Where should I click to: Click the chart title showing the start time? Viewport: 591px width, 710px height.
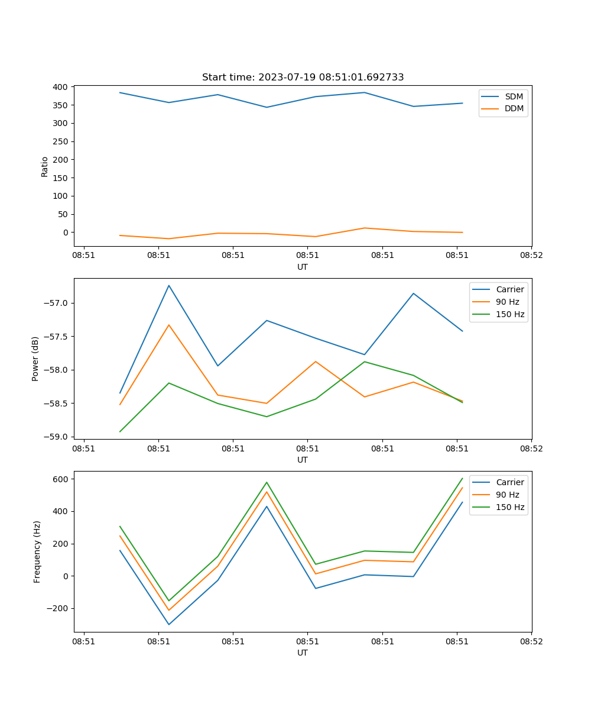(303, 78)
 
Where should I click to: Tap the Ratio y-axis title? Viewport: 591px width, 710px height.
(45, 166)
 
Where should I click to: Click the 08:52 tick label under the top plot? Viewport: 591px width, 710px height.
(531, 256)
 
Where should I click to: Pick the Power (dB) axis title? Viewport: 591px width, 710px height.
(35, 359)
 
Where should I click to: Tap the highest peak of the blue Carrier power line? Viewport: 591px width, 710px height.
(169, 286)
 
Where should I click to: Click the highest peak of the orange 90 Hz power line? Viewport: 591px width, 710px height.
(169, 325)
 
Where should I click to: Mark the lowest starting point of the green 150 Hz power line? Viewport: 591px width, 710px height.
(120, 431)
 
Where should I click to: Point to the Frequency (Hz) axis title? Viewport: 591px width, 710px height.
(37, 551)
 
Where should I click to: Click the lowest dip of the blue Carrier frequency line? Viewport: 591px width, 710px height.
(169, 624)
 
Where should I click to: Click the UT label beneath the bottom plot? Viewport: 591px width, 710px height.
(303, 653)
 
